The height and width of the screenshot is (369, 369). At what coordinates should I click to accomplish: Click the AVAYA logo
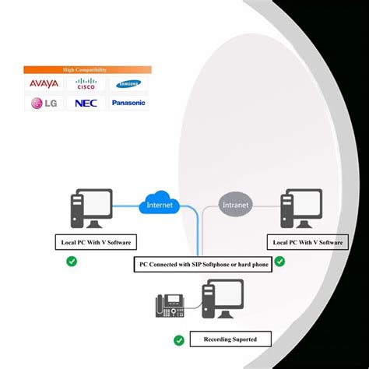43,83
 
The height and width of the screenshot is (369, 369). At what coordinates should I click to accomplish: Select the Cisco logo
86,83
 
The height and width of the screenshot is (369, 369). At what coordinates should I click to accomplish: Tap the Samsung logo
128,84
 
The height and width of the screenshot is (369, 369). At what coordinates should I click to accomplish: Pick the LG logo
43,102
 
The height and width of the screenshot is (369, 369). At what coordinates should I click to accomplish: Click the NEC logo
86,102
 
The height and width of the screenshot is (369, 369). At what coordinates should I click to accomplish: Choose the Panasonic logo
128,102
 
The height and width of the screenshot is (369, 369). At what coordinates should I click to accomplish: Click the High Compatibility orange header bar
86,69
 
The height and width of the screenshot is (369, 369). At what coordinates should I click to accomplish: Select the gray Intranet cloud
236,206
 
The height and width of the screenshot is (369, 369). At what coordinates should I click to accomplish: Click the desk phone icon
170,304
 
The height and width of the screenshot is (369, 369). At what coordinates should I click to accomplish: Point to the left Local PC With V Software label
91,243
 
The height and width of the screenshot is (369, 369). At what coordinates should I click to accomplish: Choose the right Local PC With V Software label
304,243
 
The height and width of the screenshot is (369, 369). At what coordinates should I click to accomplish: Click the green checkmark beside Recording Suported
179,340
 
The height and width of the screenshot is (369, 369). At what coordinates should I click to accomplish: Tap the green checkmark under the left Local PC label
72,262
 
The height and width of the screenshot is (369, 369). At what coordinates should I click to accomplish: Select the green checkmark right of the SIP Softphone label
279,262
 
